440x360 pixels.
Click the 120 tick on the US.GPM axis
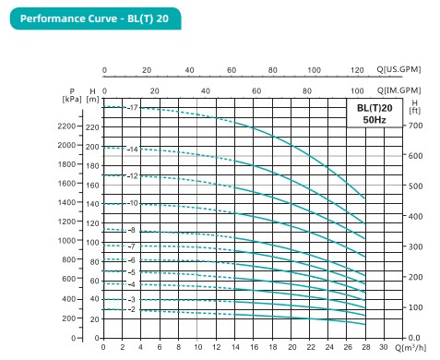(357, 70)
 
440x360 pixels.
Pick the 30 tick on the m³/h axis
(385, 348)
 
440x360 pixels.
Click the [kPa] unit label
(71, 99)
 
